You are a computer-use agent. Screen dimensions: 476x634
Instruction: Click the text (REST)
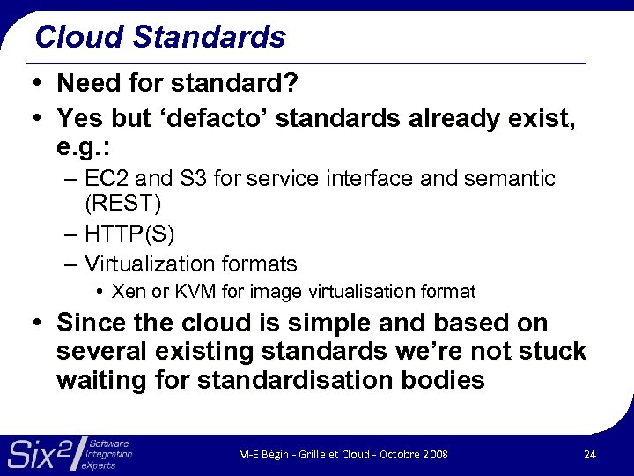tap(124, 205)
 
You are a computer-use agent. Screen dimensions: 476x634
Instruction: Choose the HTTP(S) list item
tap(130, 234)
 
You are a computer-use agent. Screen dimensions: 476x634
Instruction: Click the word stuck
tap(551, 352)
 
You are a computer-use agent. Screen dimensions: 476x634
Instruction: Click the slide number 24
tap(589, 454)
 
